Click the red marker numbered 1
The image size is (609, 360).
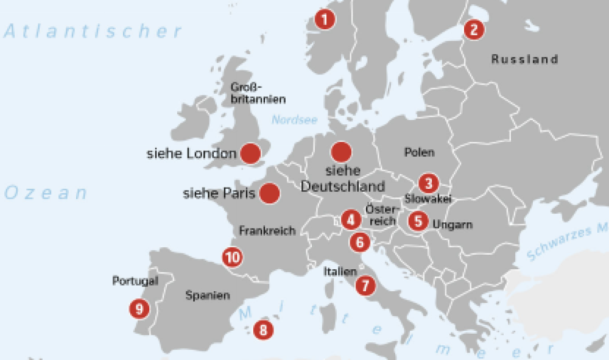pos(325,20)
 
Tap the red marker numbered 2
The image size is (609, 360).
pos(474,29)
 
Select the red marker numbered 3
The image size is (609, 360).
pos(429,183)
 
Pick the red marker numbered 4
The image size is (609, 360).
pos(350,219)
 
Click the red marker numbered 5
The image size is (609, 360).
pos(418,221)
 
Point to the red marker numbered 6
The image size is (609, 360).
pos(360,242)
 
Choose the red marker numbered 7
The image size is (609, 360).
pos(364,284)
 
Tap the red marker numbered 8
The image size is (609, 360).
pos(262,330)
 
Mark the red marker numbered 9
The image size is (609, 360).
pos(139,308)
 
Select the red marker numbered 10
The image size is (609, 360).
pos(232,257)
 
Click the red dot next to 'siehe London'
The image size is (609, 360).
pos(250,154)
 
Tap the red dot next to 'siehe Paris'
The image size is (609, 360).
pos(269,194)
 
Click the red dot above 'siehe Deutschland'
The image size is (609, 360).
pos(340,152)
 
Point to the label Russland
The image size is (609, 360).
pos(524,59)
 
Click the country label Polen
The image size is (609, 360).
pos(419,152)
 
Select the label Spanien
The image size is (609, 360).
pos(208,295)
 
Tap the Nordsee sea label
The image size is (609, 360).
pos(294,120)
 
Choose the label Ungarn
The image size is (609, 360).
pos(452,225)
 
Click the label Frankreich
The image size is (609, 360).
pos(267,231)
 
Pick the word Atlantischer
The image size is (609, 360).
pos(93,32)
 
